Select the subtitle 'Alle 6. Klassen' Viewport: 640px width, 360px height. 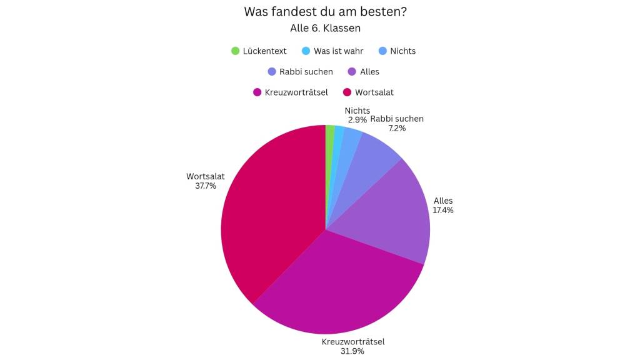(x=325, y=28)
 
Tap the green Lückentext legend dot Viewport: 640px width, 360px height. (x=235, y=51)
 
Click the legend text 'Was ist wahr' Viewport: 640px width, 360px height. (x=338, y=51)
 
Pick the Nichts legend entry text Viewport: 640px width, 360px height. (x=403, y=51)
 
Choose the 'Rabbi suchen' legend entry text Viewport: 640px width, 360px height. (x=306, y=72)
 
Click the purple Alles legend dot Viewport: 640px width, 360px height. (x=352, y=72)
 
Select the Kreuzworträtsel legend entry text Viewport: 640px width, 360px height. (x=296, y=92)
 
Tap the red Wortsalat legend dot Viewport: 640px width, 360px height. (x=347, y=92)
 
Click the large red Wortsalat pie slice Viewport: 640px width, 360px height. (x=269, y=206)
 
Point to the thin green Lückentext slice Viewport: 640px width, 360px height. (x=329, y=134)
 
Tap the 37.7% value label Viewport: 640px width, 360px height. (x=206, y=186)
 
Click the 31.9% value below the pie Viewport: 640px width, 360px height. (x=352, y=351)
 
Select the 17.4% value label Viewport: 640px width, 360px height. (x=443, y=210)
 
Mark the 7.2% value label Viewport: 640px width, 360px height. (x=397, y=128)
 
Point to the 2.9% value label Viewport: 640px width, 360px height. (x=357, y=120)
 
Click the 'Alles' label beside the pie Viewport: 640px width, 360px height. (x=443, y=201)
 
